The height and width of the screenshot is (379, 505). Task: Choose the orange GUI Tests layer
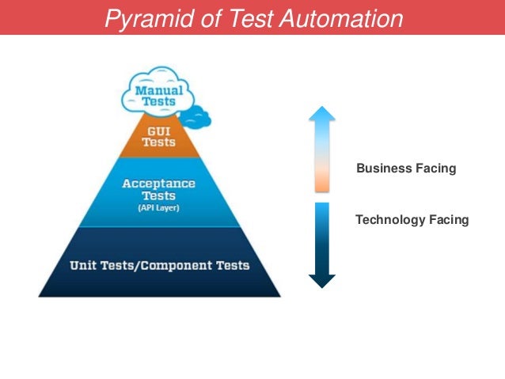coord(159,136)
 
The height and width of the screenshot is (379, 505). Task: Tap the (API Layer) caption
coord(159,208)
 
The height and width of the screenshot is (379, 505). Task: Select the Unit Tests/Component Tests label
coord(159,265)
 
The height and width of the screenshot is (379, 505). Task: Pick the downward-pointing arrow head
coord(321,281)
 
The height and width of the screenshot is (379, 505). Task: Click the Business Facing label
coord(406,169)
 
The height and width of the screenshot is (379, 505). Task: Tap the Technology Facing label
coord(412,220)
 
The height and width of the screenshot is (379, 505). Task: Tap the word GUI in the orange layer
coord(159,130)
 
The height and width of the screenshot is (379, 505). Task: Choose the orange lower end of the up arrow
coord(321,182)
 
